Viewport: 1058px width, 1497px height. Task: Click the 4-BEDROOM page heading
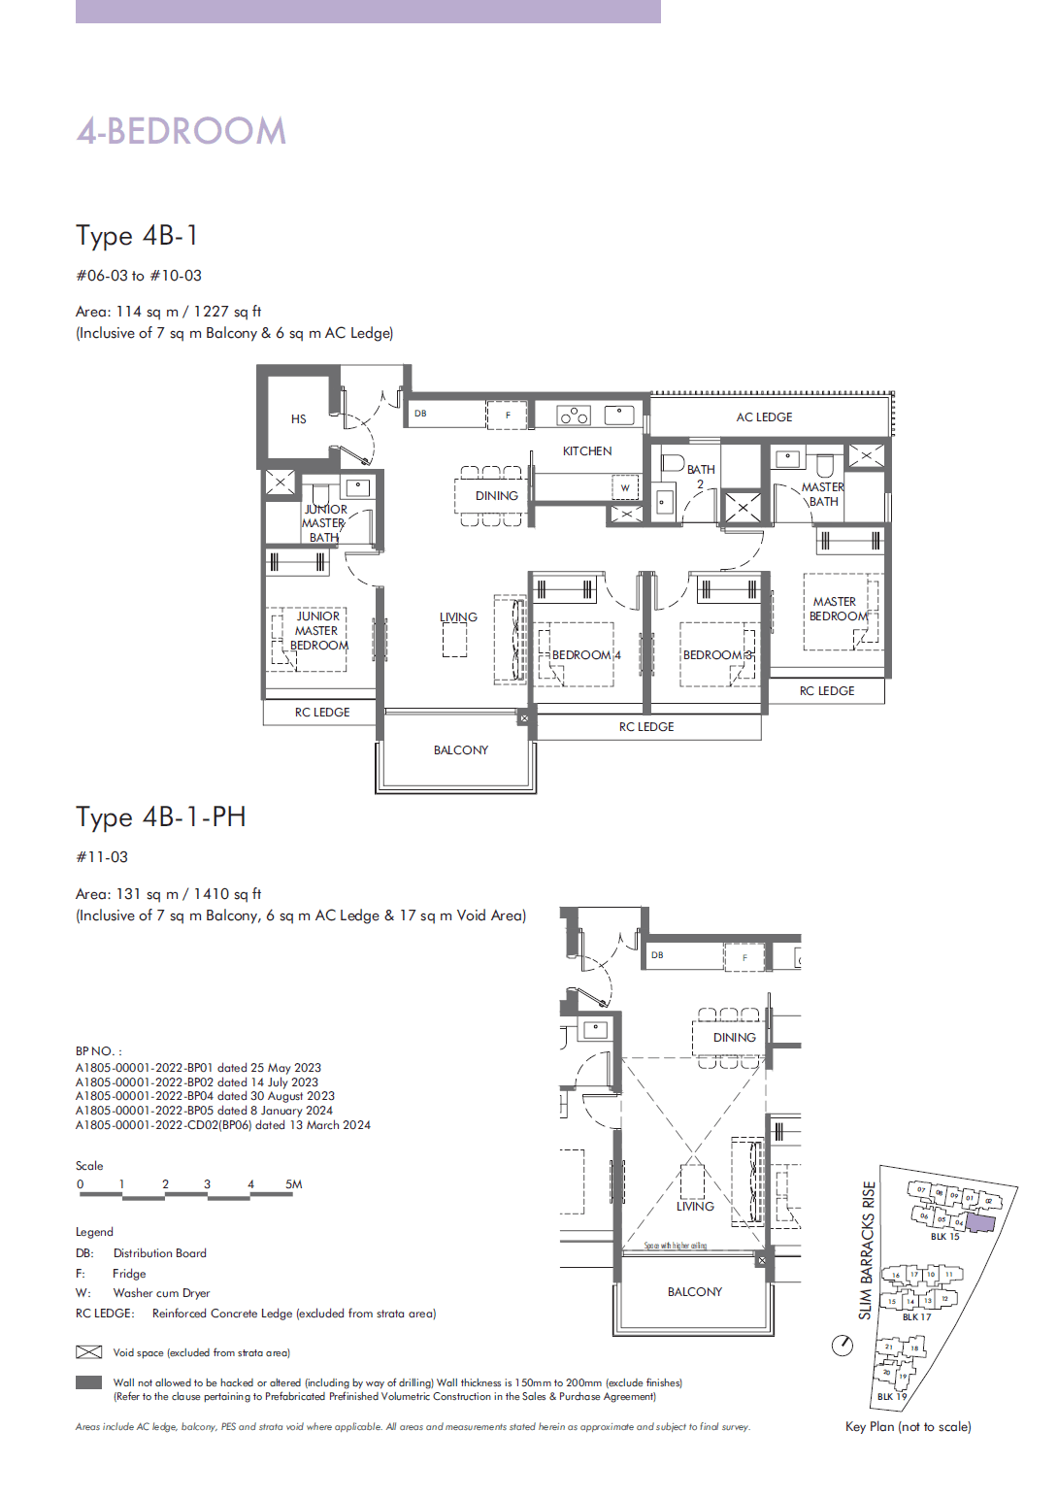[x=182, y=131]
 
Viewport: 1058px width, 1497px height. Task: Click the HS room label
[x=299, y=419]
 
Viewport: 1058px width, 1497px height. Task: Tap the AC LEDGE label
[x=764, y=417]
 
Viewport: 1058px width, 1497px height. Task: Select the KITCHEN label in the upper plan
[x=587, y=451]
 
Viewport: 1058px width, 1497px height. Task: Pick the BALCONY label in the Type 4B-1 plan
[x=461, y=750]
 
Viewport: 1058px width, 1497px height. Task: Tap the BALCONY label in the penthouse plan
[x=695, y=1292]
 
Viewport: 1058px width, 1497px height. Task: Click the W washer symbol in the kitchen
[x=625, y=487]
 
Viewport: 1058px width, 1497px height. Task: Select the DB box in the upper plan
[x=420, y=414]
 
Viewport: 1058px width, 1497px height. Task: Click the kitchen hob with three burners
[x=574, y=416]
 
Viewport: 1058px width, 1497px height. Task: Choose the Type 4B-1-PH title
[x=161, y=817]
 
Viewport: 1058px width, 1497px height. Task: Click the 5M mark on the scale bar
[x=294, y=1184]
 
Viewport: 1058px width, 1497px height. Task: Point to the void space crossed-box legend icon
[x=88, y=1352]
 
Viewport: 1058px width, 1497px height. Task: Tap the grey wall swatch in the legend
[x=88, y=1382]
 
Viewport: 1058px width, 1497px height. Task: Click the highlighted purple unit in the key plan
[x=980, y=1221]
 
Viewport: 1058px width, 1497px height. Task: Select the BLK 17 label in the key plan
[x=916, y=1317]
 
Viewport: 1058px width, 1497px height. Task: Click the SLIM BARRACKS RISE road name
[x=867, y=1249]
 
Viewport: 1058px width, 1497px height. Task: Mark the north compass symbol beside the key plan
[x=843, y=1346]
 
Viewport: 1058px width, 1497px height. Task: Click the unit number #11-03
[x=102, y=857]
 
